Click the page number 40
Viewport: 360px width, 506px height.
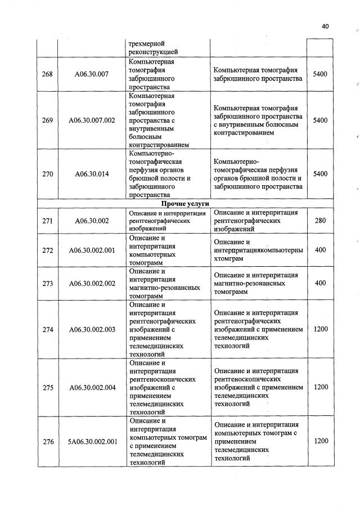325,26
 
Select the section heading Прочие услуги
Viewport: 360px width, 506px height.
181,204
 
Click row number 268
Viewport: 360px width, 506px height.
47,74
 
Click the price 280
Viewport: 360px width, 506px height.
320,221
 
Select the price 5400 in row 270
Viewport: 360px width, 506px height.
320,174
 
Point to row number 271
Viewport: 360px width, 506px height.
47,221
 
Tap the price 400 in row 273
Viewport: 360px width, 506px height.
320,283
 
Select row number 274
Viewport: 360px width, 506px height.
47,329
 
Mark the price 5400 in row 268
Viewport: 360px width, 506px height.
320,74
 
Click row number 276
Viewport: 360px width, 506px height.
47,441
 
